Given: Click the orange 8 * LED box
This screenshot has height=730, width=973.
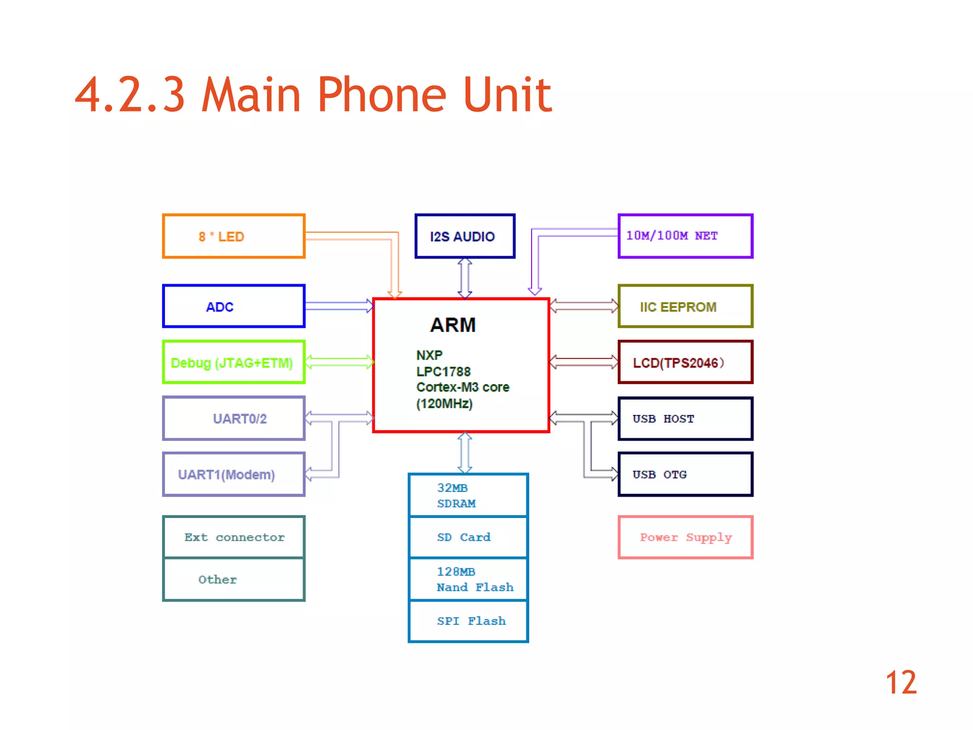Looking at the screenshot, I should coord(233,236).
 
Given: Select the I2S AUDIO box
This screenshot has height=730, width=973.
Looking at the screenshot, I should coord(465,236).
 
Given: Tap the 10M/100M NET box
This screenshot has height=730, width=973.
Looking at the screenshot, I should coord(685,236).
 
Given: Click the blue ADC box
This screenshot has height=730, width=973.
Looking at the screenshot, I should coord(233,307).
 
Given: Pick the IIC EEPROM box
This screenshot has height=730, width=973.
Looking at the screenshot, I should coord(685,307).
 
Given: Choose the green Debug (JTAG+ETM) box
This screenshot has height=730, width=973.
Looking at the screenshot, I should coord(233,363).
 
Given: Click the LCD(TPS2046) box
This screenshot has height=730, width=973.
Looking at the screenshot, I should coord(685,363).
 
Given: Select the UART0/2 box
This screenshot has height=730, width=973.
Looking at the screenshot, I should coord(233,419).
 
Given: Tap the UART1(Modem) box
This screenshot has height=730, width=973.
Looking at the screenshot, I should coord(233,474).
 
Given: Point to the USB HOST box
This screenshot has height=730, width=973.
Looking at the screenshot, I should coord(685,419).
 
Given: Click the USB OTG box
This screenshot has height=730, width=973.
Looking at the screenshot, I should coord(685,474).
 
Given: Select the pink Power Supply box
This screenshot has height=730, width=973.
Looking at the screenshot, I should coord(685,538).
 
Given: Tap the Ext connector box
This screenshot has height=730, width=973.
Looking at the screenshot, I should coord(233,538).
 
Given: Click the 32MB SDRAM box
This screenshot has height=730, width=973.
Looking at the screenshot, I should coord(468,496).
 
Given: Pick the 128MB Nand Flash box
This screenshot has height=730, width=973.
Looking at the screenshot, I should coord(468,579).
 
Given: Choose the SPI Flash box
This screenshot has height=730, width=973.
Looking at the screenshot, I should coord(468,621).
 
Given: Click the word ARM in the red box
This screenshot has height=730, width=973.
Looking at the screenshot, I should coord(453,325).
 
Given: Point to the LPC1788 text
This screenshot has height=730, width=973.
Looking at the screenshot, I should coord(443,372).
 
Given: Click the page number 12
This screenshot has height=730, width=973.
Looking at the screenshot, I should coord(901,683).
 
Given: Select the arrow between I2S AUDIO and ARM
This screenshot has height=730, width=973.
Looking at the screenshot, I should coord(465,278).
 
